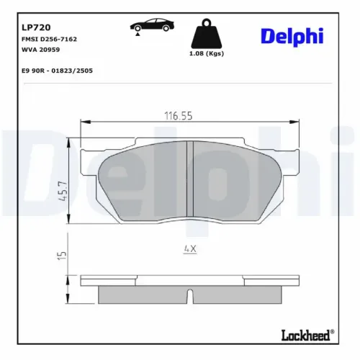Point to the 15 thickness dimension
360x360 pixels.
pos(63,255)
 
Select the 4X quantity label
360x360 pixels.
pos(189,249)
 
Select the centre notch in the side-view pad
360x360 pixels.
pos(188,295)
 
